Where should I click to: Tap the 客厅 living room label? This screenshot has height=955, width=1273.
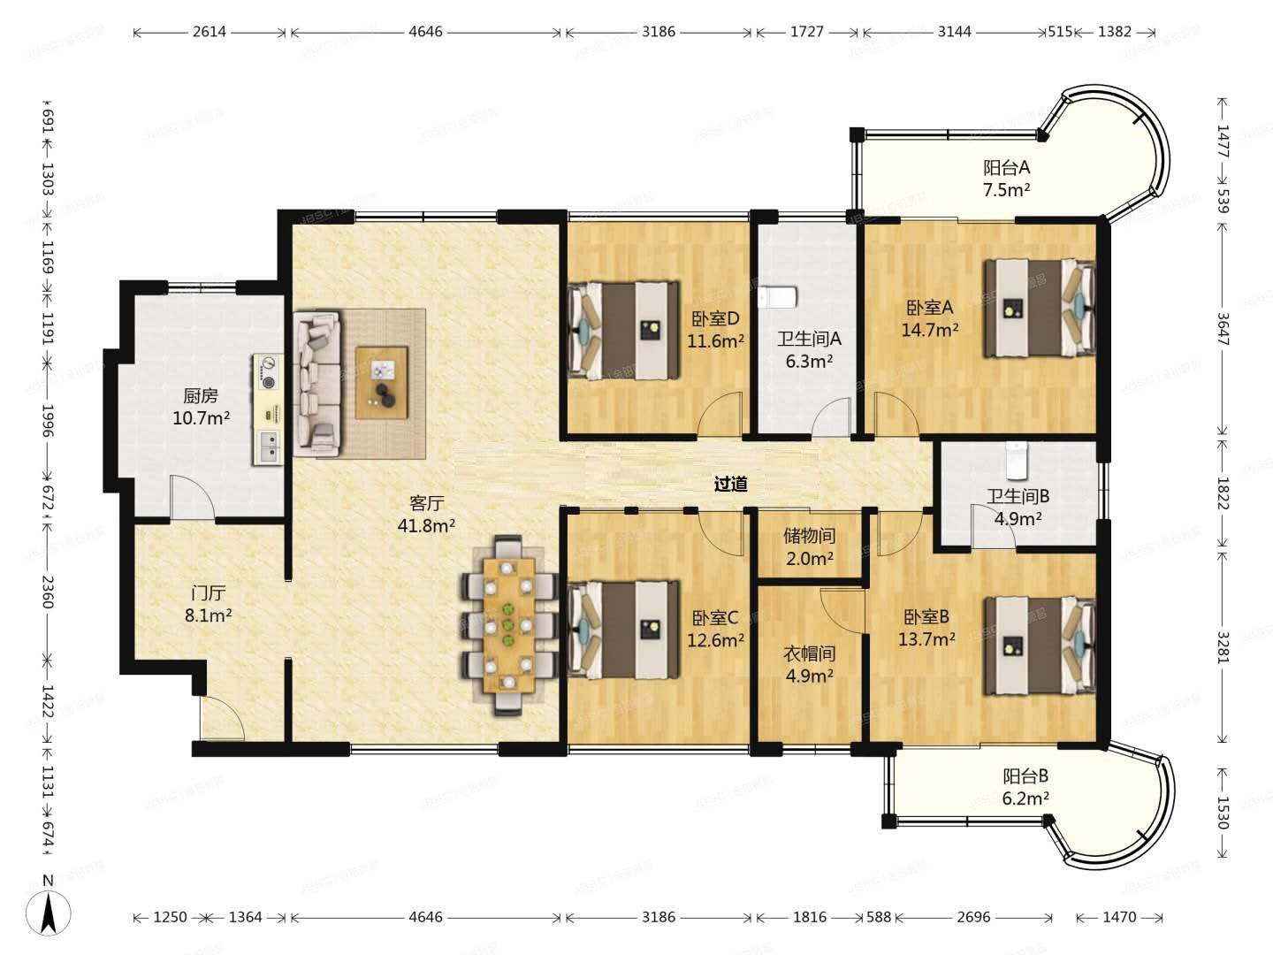click(x=426, y=501)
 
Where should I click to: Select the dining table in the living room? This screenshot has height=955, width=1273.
click(x=509, y=625)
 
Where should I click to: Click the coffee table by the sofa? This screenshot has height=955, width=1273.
click(x=382, y=382)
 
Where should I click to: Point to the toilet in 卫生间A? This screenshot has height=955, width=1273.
click(x=778, y=297)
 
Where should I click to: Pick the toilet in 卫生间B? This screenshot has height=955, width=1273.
click(x=1016, y=461)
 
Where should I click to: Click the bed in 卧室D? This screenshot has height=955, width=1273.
click(x=623, y=331)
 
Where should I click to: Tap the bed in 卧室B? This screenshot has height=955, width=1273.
click(x=1040, y=646)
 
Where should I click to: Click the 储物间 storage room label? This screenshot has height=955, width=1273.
click(x=809, y=535)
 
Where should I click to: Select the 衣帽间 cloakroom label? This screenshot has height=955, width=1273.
click(x=809, y=653)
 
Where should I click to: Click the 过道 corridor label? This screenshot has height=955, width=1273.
click(x=730, y=484)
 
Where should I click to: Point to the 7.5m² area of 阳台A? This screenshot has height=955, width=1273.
click(x=1006, y=189)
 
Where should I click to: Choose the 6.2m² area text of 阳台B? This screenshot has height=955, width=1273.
click(x=1025, y=798)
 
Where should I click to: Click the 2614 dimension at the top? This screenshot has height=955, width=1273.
click(x=210, y=31)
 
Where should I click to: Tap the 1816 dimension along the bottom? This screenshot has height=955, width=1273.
click(x=810, y=917)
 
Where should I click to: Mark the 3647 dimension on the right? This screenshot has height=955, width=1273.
click(x=1222, y=329)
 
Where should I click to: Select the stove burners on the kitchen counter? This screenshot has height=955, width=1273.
click(x=269, y=373)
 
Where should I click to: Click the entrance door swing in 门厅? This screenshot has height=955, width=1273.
click(x=222, y=718)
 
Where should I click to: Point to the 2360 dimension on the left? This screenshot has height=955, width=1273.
click(x=48, y=591)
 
